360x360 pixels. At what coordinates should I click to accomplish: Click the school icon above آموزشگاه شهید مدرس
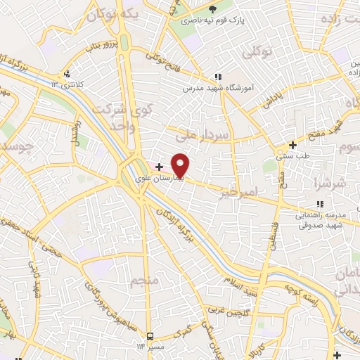[218, 76]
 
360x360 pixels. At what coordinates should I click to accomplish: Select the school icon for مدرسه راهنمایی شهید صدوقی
[320, 204]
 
